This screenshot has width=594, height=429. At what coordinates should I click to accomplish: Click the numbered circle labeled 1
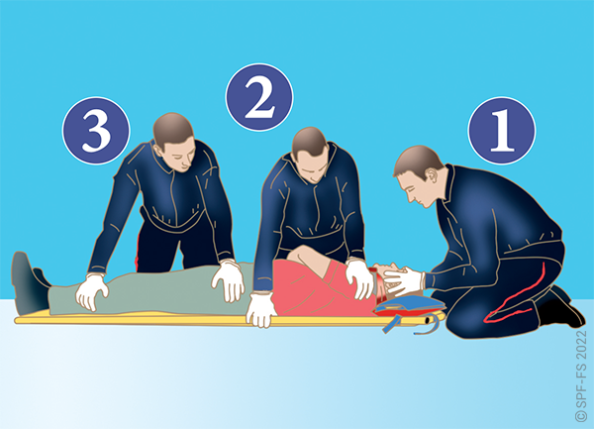502,131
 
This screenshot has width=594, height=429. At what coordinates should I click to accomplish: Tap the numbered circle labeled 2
259,97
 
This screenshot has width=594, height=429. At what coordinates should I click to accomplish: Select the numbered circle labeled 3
96,131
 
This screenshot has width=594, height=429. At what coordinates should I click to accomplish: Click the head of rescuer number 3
175,142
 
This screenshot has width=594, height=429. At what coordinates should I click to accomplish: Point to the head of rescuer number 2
311,155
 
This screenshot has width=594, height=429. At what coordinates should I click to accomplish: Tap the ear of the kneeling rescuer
431,174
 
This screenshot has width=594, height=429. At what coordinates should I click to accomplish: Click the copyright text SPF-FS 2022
581,375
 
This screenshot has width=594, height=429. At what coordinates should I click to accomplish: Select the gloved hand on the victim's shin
92,291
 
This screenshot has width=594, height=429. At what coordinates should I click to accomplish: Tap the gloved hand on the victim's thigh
229,280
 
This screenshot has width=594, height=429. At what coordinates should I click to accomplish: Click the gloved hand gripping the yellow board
261,309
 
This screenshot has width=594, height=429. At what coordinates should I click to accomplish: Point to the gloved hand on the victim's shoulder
359,277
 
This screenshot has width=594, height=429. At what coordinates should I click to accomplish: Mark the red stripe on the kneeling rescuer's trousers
519,298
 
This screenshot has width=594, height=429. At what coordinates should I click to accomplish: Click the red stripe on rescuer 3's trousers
138,252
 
